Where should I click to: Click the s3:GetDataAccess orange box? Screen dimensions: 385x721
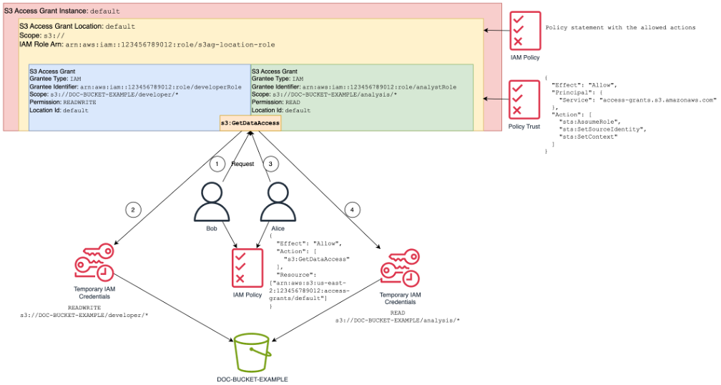click(x=250, y=123)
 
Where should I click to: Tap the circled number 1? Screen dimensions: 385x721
click(x=216, y=164)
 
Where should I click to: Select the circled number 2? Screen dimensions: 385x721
click(x=132, y=210)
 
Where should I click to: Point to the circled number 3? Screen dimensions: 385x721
click(x=270, y=164)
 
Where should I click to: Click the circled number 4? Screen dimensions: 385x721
click(x=350, y=210)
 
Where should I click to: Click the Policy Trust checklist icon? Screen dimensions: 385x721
click(x=524, y=99)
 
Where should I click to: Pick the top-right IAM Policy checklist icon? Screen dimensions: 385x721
click(x=524, y=31)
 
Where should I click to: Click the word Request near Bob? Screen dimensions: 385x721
click(x=242, y=164)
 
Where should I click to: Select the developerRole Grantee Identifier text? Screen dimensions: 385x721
click(x=135, y=87)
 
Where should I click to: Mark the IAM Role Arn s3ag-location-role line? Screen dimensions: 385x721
click(x=147, y=44)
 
